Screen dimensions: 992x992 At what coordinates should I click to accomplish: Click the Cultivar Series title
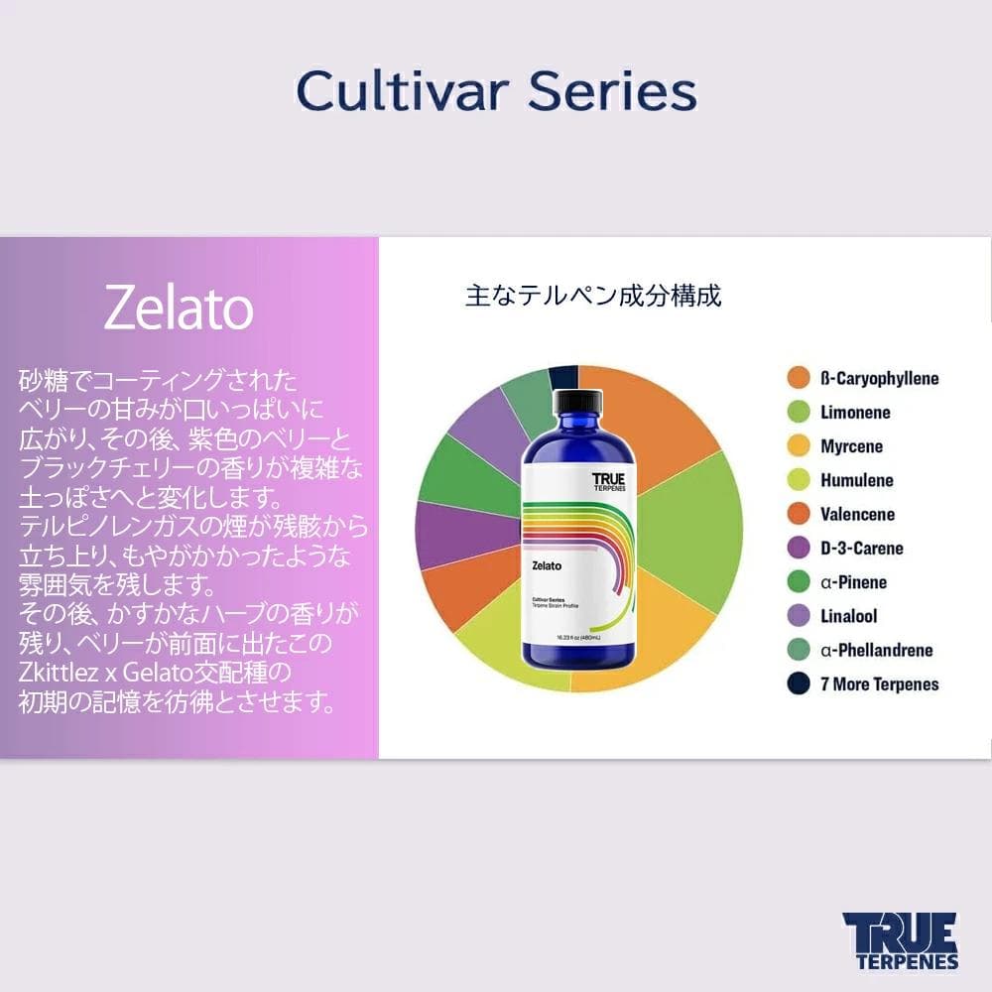pos(496,91)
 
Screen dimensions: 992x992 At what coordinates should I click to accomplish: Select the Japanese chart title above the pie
pos(593,296)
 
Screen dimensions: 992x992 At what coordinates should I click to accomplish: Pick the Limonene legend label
pos(855,413)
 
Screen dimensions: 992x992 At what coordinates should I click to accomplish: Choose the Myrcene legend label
pos(851,446)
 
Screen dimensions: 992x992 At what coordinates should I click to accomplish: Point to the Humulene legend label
pos(856,480)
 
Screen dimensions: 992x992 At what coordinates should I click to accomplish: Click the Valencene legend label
pos(857,514)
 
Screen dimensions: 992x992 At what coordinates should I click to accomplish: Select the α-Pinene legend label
pos(853,582)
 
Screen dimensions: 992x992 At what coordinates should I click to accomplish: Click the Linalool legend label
pos(848,616)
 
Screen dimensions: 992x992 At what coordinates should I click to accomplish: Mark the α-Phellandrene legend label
pos(877,651)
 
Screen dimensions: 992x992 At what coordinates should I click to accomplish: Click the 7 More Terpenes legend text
pos(879,684)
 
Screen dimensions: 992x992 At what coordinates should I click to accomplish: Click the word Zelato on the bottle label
pos(547,565)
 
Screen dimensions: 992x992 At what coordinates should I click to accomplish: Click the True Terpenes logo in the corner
pos(900,940)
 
